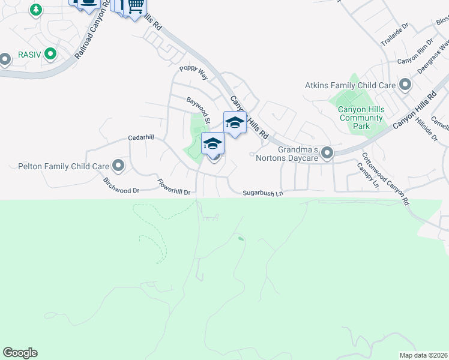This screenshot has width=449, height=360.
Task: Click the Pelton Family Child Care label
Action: pyautogui.click(x=63, y=166)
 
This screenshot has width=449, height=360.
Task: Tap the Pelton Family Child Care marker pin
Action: pyautogui.click(x=118, y=166)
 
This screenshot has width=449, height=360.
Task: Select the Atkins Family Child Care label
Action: pyautogui.click(x=350, y=85)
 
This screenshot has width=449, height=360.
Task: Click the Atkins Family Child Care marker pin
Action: pyautogui.click(x=405, y=85)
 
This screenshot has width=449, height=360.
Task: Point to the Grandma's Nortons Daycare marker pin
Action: pyautogui.click(x=327, y=154)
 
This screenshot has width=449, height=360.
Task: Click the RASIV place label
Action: pyautogui.click(x=28, y=54)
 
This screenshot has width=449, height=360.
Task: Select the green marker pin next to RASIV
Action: pyautogui.click(x=50, y=54)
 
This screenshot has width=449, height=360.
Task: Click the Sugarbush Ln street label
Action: pyautogui.click(x=262, y=193)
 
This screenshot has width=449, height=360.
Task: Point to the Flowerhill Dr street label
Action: pyautogui.click(x=173, y=187)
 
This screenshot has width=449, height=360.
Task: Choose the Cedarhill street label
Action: pyautogui.click(x=141, y=137)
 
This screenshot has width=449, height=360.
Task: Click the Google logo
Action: pyautogui.click(x=20, y=353)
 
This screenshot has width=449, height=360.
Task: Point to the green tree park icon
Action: pyautogui.click(x=37, y=10)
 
